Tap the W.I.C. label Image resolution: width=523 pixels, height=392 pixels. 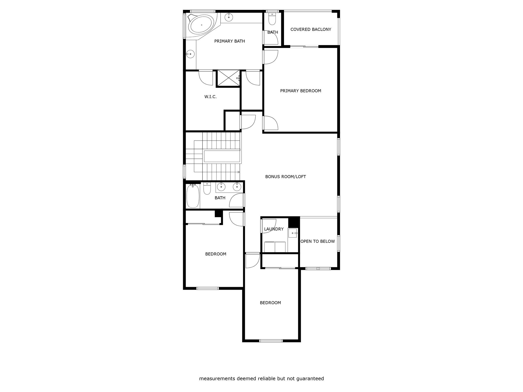(x=210, y=97)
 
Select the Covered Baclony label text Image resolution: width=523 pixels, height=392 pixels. (x=311, y=29)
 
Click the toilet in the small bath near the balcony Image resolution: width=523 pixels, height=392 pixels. (x=272, y=19)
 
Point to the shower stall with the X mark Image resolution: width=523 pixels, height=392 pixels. (x=228, y=78)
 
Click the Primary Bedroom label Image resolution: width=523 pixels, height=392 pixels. (x=301, y=91)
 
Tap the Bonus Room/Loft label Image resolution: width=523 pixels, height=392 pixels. (x=286, y=176)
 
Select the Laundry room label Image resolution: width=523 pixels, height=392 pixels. (x=274, y=229)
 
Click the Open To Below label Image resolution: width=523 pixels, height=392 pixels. (x=317, y=241)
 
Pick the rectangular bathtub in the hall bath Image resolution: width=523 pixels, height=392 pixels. (x=193, y=196)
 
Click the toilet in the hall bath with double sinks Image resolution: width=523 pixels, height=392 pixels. (x=207, y=188)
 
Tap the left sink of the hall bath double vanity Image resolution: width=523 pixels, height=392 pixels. (x=221, y=187)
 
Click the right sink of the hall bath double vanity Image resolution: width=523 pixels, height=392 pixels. (x=237, y=187)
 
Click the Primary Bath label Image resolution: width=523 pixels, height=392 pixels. (x=230, y=41)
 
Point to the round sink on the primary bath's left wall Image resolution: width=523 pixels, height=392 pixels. (x=190, y=54)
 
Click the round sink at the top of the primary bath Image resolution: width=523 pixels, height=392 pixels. (x=229, y=17)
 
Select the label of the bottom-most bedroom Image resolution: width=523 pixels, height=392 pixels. (x=270, y=303)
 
